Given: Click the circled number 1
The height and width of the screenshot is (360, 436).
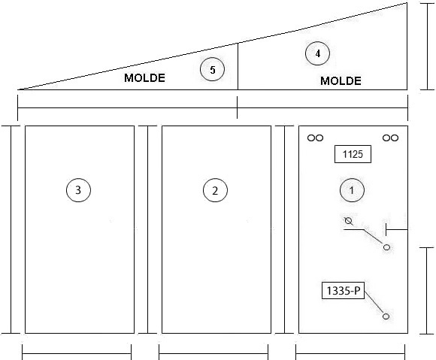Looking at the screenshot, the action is click(352, 190).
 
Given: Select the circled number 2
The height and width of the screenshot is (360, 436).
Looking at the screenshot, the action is click(215, 190).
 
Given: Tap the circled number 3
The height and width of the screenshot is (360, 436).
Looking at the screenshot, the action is click(78, 190).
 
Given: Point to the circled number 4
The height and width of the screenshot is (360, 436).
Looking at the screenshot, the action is click(317, 53).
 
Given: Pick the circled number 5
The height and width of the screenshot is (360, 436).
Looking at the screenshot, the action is click(212, 69).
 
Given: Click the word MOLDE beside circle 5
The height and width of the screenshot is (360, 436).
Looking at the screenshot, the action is click(144, 78).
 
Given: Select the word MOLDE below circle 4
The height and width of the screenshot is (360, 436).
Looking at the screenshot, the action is click(341, 81).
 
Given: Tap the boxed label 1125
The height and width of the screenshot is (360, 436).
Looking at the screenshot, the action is click(353, 154).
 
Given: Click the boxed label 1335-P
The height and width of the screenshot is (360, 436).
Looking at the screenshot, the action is click(343, 291).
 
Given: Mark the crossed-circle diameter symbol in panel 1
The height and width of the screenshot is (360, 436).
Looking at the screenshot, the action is click(349, 221).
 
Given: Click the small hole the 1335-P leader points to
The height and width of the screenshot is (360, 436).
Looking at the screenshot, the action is click(386, 316).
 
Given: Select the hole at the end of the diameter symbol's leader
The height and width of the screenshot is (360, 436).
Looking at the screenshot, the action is click(386, 247).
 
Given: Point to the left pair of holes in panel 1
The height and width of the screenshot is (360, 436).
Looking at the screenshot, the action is click(315, 138).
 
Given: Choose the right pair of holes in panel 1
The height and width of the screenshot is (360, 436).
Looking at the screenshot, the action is click(390, 138).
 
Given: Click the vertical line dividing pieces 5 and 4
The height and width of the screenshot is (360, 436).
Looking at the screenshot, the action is click(238, 66).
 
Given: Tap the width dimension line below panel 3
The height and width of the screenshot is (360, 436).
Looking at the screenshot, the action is click(77, 353).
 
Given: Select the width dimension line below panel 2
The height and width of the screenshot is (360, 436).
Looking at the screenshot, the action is click(213, 353).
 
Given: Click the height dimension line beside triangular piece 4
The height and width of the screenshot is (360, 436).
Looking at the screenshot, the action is click(427, 47).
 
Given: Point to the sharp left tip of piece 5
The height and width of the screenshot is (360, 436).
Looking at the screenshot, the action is click(18, 89).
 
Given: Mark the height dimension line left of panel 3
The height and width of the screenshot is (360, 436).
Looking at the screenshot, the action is click(11, 230).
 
